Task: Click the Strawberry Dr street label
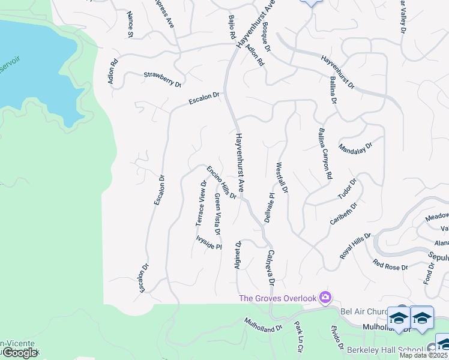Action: (162, 79)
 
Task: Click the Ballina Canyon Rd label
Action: (325, 154)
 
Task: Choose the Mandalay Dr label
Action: (355, 147)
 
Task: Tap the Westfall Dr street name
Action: (282, 177)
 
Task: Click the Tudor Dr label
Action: (348, 189)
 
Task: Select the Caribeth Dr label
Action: (343, 214)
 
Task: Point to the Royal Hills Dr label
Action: (355, 246)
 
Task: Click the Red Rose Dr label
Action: (390, 264)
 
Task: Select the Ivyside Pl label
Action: (209, 242)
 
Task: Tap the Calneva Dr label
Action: (271, 268)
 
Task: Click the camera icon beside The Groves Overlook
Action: (325, 297)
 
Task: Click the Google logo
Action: (20, 353)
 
